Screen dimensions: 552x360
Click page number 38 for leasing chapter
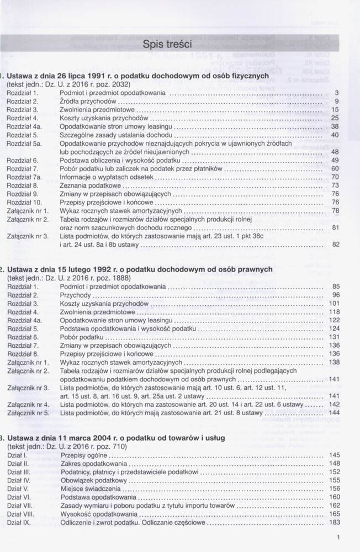point(335,126)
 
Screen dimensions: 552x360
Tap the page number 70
point(335,177)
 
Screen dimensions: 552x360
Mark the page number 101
point(333,304)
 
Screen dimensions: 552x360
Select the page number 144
point(333,412)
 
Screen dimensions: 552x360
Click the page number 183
point(333,522)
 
